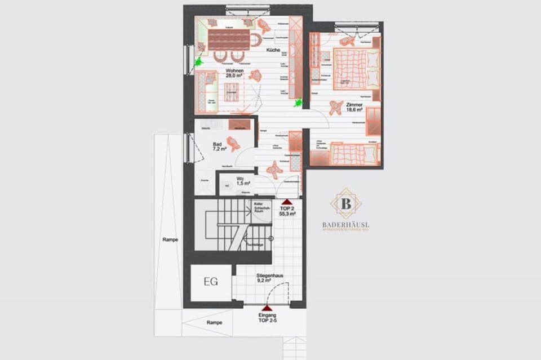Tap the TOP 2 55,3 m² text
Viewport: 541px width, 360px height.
287,211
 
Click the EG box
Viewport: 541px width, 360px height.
211,282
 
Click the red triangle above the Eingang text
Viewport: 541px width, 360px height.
267,309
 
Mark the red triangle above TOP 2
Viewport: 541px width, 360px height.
287,201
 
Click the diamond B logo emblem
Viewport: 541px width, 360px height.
346,203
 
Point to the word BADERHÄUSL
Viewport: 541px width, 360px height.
346,225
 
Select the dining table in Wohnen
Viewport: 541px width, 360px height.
229,39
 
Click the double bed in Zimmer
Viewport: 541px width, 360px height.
349,69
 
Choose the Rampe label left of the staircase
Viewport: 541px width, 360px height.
170,239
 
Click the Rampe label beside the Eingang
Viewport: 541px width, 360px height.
214,322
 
